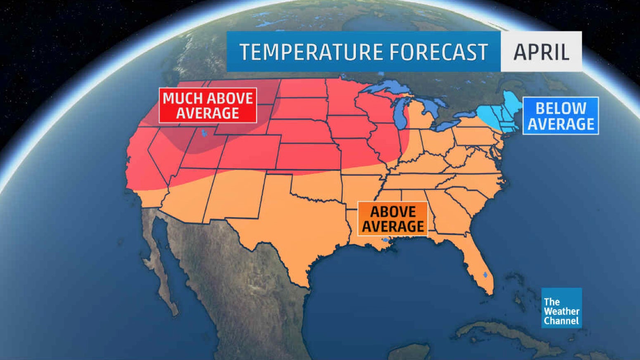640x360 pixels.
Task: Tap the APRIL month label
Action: pos(541,52)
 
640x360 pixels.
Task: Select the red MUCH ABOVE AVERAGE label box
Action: pos(208,105)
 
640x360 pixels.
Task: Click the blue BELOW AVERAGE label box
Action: pos(560,116)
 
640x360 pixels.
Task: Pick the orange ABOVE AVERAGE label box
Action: pos(393,219)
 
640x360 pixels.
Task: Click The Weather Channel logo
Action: pos(561,308)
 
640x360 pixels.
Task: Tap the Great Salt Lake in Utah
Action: pos(204,133)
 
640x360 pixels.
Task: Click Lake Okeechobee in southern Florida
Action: pos(485,275)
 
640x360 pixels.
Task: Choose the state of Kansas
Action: pos(308,156)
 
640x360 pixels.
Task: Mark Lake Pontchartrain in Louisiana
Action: pos(385,240)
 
